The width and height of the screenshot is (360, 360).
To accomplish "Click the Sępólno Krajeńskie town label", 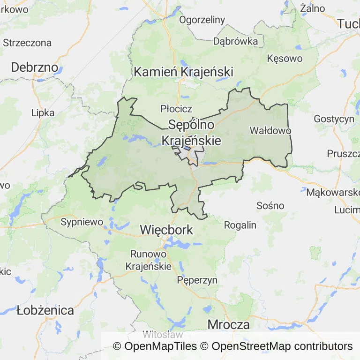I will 191,133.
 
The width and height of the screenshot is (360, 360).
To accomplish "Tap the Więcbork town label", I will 166,230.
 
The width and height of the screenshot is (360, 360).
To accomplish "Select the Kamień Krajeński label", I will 183,72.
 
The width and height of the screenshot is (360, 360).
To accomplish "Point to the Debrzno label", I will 35,67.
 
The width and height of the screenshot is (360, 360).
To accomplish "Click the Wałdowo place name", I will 270,130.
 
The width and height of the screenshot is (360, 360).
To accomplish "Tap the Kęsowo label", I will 285,59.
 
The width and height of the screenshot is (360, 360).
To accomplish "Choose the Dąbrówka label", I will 235,41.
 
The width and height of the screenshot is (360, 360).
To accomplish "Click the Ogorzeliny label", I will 202,20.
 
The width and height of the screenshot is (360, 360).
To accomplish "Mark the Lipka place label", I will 43,112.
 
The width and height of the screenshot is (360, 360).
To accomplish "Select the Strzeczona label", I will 27,43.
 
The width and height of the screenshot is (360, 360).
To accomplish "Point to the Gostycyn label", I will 334,119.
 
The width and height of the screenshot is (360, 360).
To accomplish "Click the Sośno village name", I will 270,205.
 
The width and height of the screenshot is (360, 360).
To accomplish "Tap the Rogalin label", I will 240,225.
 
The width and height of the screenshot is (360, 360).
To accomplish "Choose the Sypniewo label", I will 82,222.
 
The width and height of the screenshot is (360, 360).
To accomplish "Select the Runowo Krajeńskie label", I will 149,260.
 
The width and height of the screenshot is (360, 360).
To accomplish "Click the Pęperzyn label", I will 197,280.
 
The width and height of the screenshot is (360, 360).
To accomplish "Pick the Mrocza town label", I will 228,324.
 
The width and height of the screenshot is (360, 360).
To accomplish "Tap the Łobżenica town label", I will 45,310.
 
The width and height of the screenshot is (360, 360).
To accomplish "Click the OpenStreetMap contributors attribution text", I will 282,346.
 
